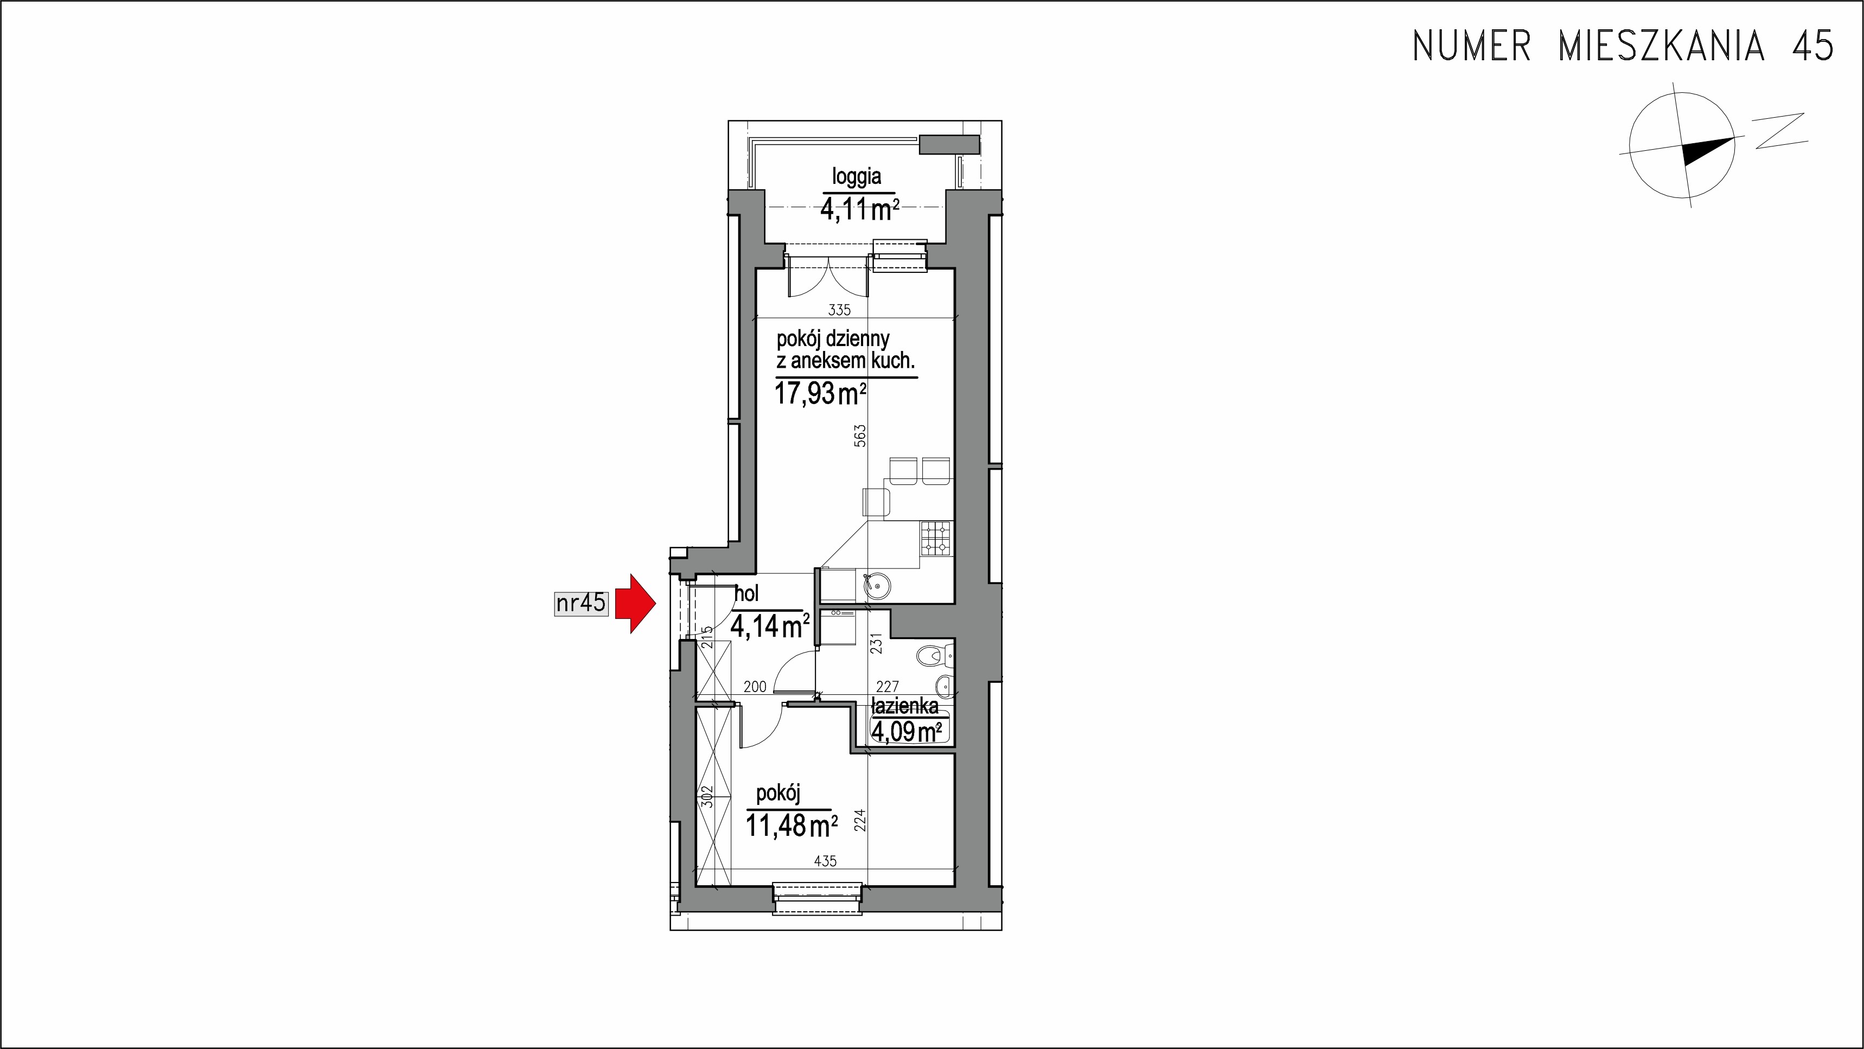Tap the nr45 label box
pos(580,603)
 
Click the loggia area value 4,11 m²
pos(860,210)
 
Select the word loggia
pos(857,176)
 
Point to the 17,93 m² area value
pos(821,394)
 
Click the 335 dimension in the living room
pos(839,310)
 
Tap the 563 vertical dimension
pos(860,436)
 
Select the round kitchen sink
pos(878,586)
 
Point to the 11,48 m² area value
pos(791,826)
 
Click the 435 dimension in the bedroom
pos(826,861)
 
